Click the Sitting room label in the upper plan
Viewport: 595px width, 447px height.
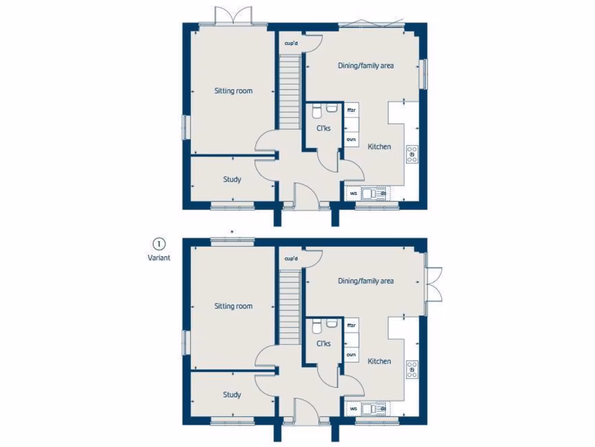(233, 91)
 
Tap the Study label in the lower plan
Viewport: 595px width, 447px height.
(232, 395)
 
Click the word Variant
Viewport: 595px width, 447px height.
(159, 258)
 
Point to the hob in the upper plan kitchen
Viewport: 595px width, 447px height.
(412, 154)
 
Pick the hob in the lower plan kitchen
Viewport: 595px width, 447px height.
(412, 369)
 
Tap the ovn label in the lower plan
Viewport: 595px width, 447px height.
(351, 354)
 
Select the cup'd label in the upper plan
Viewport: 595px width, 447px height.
(291, 43)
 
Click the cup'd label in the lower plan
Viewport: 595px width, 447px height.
(291, 258)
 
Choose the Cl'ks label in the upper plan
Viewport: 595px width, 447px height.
(324, 128)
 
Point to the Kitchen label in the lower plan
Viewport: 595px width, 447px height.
(379, 361)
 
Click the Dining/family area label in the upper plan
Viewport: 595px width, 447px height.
(365, 66)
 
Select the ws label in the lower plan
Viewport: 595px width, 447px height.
(353, 409)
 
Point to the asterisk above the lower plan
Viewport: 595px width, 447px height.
(232, 233)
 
